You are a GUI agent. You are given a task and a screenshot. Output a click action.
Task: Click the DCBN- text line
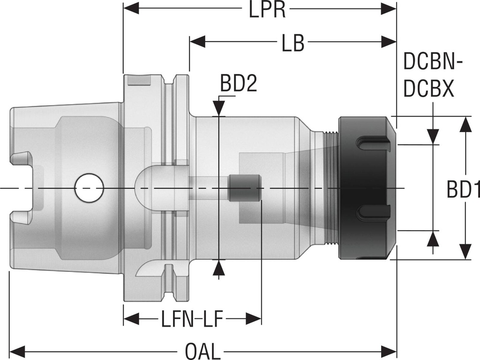click(x=433, y=61)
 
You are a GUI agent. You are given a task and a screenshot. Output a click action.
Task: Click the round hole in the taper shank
click(x=89, y=188)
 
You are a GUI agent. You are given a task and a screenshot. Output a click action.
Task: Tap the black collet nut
click(x=366, y=187)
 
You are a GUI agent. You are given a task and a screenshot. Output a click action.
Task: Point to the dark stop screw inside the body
click(x=245, y=187)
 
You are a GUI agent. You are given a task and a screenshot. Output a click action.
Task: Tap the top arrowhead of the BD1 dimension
click(x=465, y=124)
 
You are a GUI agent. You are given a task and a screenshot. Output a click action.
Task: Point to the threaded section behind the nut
click(x=332, y=187)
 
